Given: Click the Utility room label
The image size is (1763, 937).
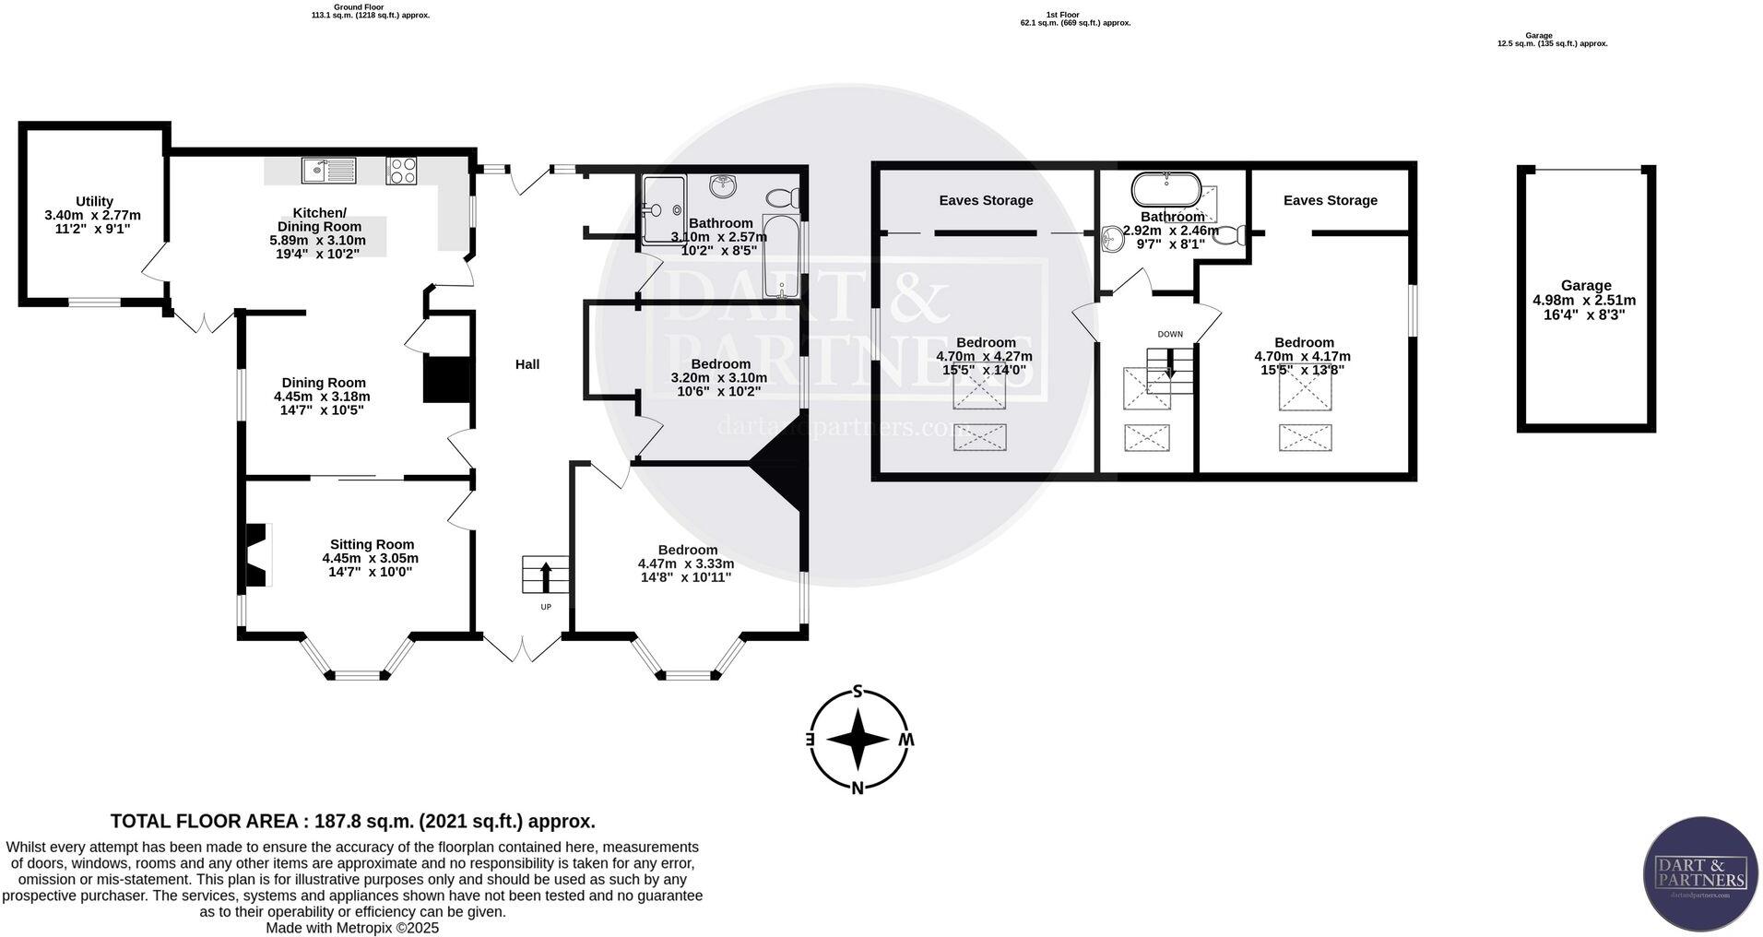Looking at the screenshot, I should coord(94,201).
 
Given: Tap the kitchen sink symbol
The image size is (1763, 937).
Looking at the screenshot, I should coord(329,170).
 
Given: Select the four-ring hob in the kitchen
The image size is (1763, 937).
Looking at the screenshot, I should coord(401,170).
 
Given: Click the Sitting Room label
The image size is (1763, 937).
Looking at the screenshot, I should coord(372,544).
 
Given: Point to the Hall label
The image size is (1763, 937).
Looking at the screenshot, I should coord(527,364).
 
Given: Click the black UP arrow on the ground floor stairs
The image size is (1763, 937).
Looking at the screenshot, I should coord(545,576).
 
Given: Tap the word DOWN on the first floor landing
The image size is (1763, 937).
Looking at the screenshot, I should coord(1170,334).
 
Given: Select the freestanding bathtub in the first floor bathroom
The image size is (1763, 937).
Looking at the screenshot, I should coord(1166,190).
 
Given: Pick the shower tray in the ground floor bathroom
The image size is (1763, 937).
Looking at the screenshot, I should coord(664,209).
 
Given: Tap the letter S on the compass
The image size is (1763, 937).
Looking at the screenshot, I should coord(858,692).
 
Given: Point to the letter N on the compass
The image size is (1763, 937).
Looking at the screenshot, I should coord(858,788).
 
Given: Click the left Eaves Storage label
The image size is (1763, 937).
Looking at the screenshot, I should coord(986,200).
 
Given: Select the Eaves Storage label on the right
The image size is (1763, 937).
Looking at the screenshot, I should coord(1330,200).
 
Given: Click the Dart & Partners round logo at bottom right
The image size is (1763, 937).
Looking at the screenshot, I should coord(1700,872).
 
